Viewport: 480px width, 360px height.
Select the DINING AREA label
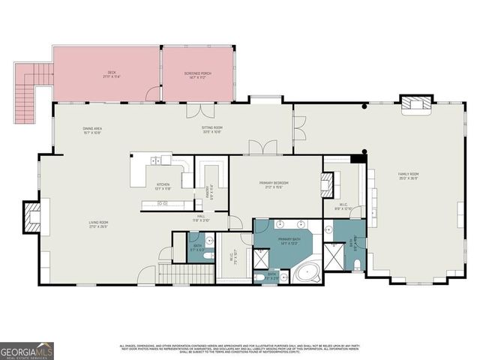[93, 130]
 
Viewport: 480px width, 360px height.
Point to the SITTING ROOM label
[212, 129]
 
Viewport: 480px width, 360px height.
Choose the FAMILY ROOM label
[408, 175]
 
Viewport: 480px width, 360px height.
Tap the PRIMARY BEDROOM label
[276, 184]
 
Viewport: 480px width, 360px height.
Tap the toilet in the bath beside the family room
[358, 263]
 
